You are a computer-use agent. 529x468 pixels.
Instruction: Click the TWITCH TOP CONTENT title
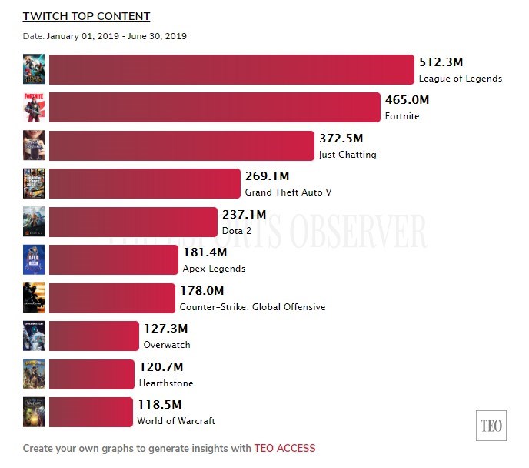tap(86, 16)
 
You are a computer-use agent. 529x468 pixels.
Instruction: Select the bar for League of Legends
tap(231, 69)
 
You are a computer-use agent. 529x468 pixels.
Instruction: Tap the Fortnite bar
tap(215, 107)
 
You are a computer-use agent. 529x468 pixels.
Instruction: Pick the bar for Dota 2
tap(133, 222)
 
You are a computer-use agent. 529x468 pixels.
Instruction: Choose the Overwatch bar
tap(94, 336)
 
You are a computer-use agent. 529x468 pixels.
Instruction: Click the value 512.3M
tap(441, 62)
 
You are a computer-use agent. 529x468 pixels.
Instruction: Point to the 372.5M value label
tap(341, 139)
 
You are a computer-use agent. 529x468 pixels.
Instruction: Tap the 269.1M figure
tap(267, 176)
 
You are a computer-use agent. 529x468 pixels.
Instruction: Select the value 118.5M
tap(159, 405)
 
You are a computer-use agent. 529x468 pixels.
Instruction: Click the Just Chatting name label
tap(347, 155)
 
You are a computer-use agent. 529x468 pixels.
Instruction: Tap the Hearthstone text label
tap(166, 383)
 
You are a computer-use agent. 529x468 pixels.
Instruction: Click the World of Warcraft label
tap(176, 421)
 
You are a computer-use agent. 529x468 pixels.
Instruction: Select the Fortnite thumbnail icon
tap(34, 107)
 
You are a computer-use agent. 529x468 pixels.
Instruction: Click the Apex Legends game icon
tap(34, 260)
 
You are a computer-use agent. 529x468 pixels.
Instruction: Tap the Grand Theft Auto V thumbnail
tap(34, 183)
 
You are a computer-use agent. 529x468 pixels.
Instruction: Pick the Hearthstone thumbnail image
tap(34, 374)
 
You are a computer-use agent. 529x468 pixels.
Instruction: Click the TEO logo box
tap(491, 426)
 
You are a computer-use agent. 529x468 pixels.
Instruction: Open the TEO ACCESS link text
tap(284, 448)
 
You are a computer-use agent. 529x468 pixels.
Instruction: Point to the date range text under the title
tap(105, 36)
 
